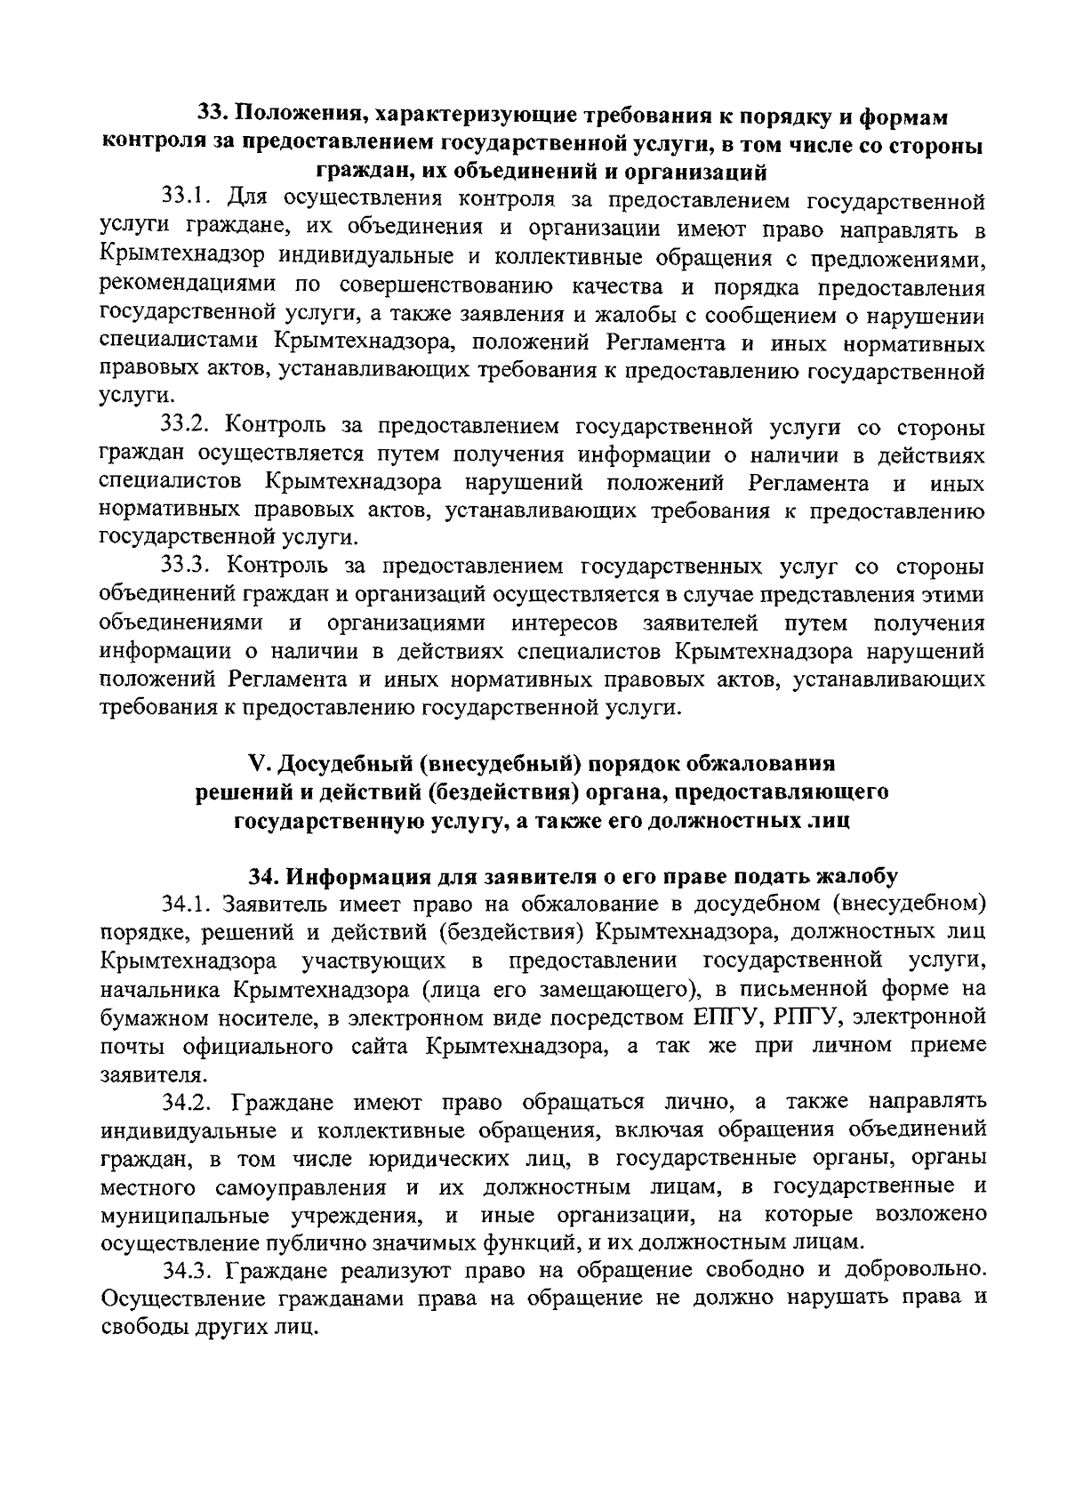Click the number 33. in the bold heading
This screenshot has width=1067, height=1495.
[x=213, y=116]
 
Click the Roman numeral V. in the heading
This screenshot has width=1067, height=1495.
[x=257, y=765]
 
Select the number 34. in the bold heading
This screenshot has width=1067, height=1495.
[x=265, y=877]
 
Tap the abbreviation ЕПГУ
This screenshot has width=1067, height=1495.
[x=720, y=1017]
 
